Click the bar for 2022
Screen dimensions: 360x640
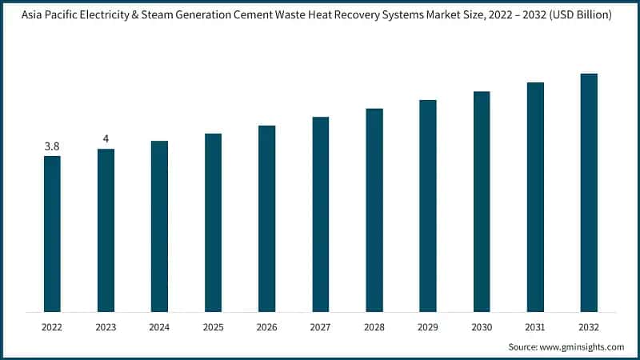[x=52, y=234]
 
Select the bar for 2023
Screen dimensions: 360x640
[x=106, y=230]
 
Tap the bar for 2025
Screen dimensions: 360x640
[x=213, y=222]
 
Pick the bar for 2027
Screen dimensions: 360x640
[x=321, y=214]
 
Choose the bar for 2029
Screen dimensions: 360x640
[x=428, y=206]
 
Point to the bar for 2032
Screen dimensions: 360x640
[x=589, y=193]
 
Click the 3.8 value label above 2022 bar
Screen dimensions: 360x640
[x=52, y=146]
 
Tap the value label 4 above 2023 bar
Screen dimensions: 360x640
[x=106, y=139]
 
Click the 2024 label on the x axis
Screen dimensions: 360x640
[x=159, y=327]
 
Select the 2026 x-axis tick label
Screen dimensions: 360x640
[x=266, y=327]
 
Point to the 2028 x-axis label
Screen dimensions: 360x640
[x=374, y=327]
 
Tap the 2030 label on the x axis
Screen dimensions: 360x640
[x=482, y=327]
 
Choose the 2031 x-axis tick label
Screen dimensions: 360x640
[x=535, y=327]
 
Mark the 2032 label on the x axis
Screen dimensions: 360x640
[x=589, y=327]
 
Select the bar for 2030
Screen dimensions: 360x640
[x=482, y=202]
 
